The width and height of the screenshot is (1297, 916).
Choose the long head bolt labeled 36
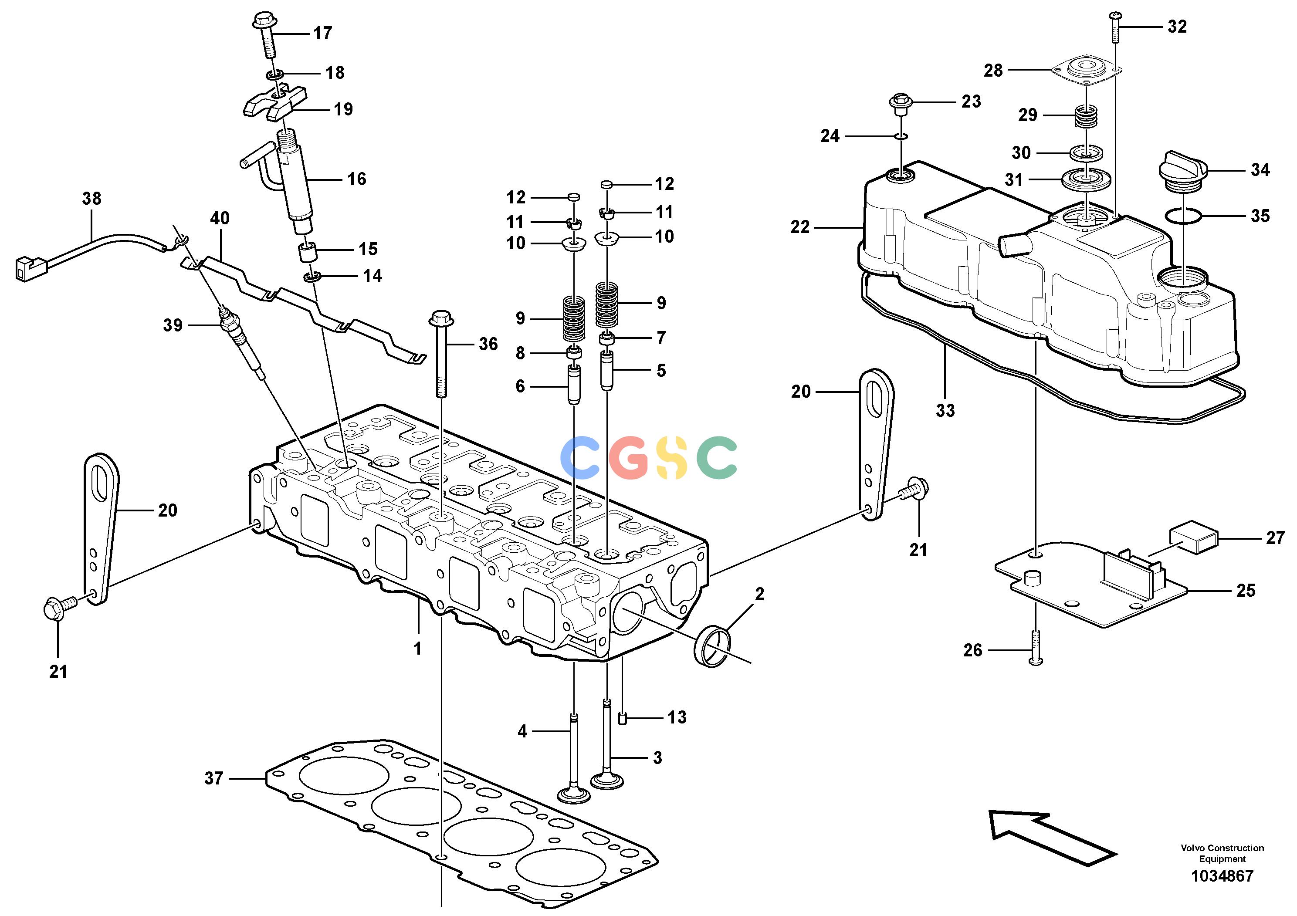(440, 353)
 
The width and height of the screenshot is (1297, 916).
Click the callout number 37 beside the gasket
(213, 778)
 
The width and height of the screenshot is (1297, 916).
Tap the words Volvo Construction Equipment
(1222, 853)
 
